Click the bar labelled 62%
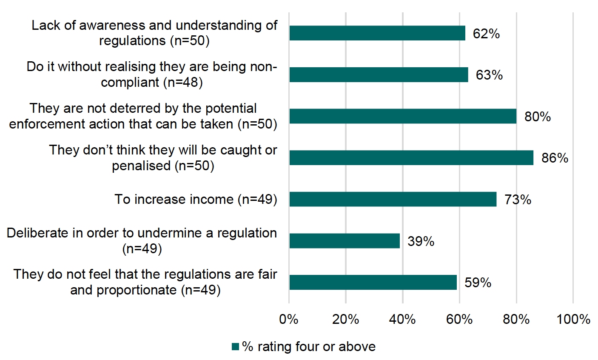pyautogui.click(x=377, y=33)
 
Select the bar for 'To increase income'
pyautogui.click(x=393, y=199)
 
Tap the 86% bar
pyautogui.click(x=411, y=158)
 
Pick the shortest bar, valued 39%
pyautogui.click(x=344, y=241)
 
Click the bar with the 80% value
pyautogui.click(x=402, y=116)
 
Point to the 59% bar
pyautogui.click(x=373, y=282)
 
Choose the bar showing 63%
pyautogui.click(x=379, y=75)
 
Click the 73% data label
pyautogui.click(x=518, y=200)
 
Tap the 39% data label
pyautogui.click(x=421, y=241)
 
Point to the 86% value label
pyautogui.click(x=555, y=158)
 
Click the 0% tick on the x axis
pyautogui.click(x=289, y=319)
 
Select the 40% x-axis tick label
pyautogui.click(x=402, y=319)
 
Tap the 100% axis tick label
pyautogui.click(x=573, y=319)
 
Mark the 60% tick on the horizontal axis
pyautogui.click(x=459, y=319)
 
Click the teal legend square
pyautogui.click(x=235, y=347)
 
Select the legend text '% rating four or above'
pyautogui.click(x=309, y=347)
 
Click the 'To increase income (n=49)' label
pyautogui.click(x=196, y=200)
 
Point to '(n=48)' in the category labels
pyautogui.click(x=183, y=83)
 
